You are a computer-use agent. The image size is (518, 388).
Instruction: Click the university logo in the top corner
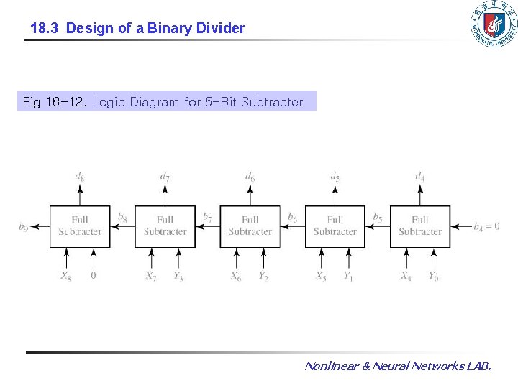(x=493, y=25)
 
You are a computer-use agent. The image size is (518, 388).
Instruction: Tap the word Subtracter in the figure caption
(x=272, y=102)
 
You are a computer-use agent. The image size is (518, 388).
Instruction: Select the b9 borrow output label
(x=24, y=227)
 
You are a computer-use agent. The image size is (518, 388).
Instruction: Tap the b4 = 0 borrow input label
(x=486, y=226)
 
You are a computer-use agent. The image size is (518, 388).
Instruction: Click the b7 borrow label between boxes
(x=207, y=216)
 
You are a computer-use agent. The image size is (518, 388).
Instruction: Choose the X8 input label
(x=65, y=276)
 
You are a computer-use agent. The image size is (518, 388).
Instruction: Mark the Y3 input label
(x=178, y=276)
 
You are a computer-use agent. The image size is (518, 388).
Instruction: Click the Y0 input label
(x=433, y=276)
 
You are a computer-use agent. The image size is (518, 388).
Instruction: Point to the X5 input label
(x=321, y=276)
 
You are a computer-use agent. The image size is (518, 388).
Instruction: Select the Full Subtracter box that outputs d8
(x=80, y=226)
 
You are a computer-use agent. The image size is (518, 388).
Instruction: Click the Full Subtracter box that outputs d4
(x=419, y=226)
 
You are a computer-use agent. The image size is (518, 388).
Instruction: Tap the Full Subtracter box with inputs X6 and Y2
(x=250, y=226)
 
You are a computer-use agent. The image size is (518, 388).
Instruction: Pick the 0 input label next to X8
(x=93, y=275)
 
